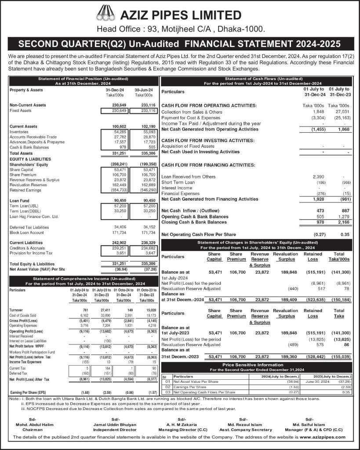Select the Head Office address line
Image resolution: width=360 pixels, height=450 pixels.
(180, 29)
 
